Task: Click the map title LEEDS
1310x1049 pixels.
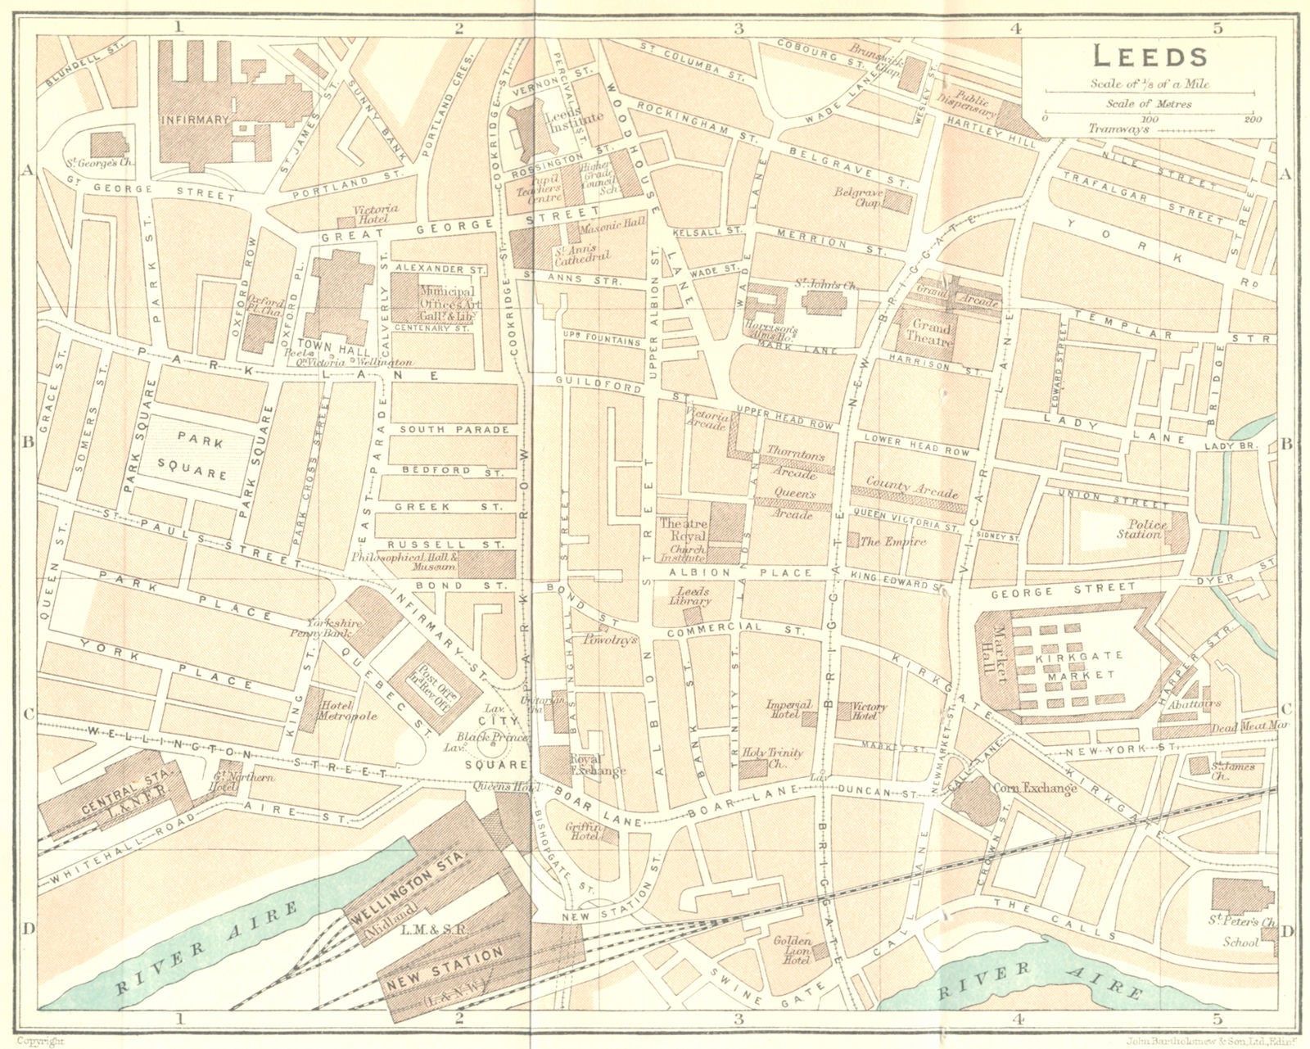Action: [1150, 57]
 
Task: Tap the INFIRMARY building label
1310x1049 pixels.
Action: [195, 120]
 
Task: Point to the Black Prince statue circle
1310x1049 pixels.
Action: [494, 748]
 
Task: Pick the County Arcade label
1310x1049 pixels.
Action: [912, 489]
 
